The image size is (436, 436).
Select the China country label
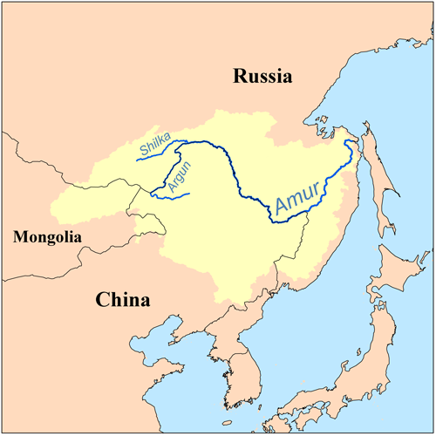[122, 300]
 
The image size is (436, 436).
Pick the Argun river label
[178, 174]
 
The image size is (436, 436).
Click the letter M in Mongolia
[11, 235]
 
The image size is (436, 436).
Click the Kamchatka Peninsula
[427, 35]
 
